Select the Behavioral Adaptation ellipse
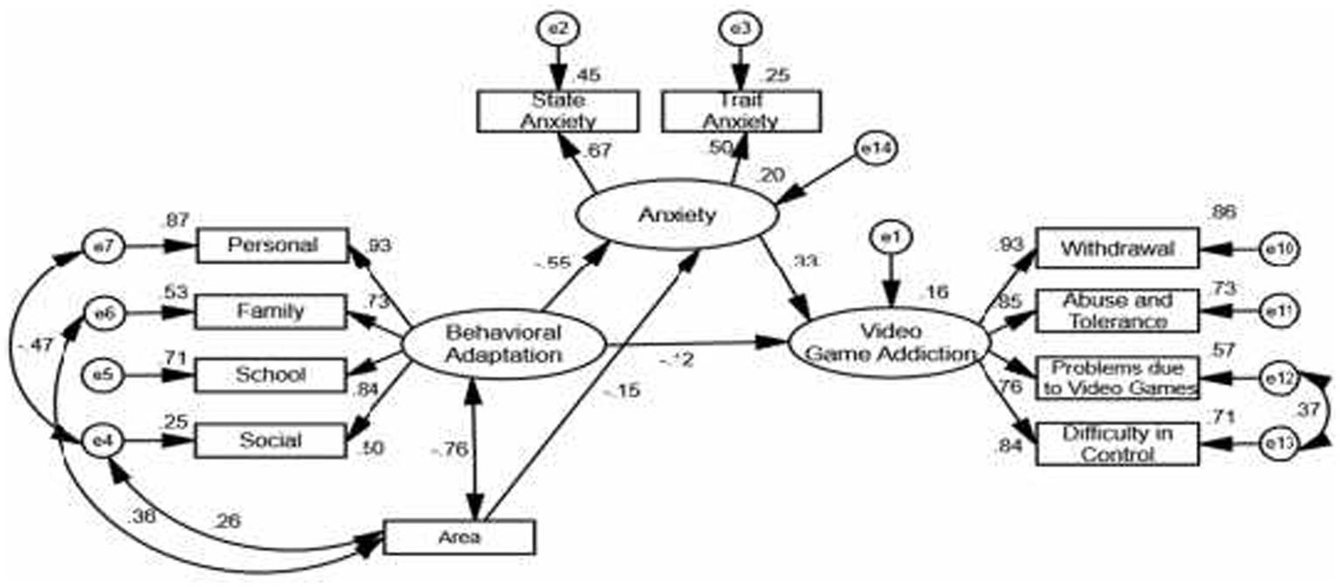point(503,344)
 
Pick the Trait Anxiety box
point(741,111)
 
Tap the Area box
point(458,536)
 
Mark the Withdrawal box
point(1116,249)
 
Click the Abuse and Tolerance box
point(1116,310)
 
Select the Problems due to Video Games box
point(1116,378)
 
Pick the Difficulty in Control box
point(1116,444)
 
